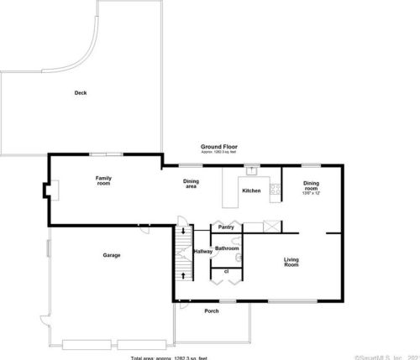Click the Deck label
click(81, 92)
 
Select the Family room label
click(103, 180)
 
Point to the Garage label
click(112, 255)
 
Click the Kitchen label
click(251, 191)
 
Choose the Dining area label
click(191, 184)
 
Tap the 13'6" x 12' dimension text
click(311, 192)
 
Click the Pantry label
click(225, 227)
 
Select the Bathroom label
click(227, 248)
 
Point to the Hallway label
click(203, 252)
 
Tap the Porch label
click(212, 310)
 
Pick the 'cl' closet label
click(225, 271)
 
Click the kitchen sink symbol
click(249, 170)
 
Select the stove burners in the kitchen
click(274, 189)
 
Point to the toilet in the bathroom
click(239, 258)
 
